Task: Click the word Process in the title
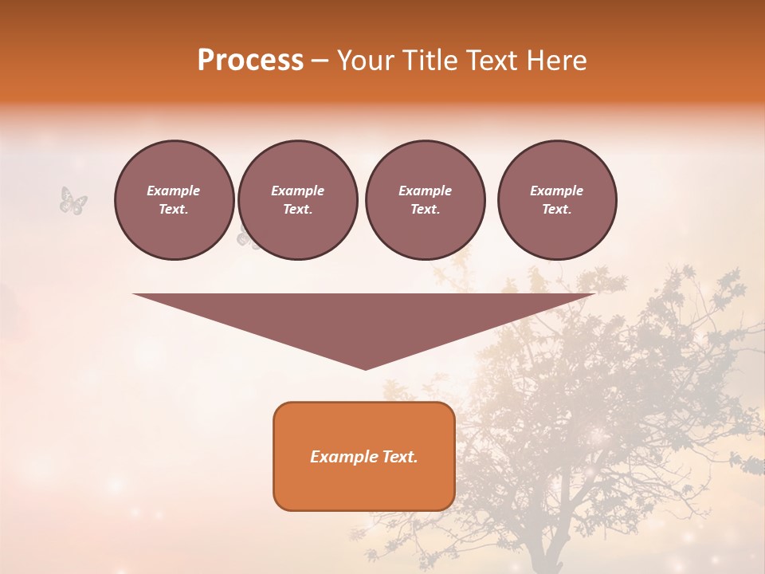(250, 61)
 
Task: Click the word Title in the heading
(428, 61)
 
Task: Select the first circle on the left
(174, 200)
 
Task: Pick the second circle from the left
(297, 200)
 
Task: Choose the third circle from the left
(425, 200)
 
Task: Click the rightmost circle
(556, 200)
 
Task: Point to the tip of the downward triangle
(365, 368)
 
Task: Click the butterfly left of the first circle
(73, 201)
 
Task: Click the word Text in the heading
(489, 61)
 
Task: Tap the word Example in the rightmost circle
(556, 191)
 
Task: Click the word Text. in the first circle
(174, 210)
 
